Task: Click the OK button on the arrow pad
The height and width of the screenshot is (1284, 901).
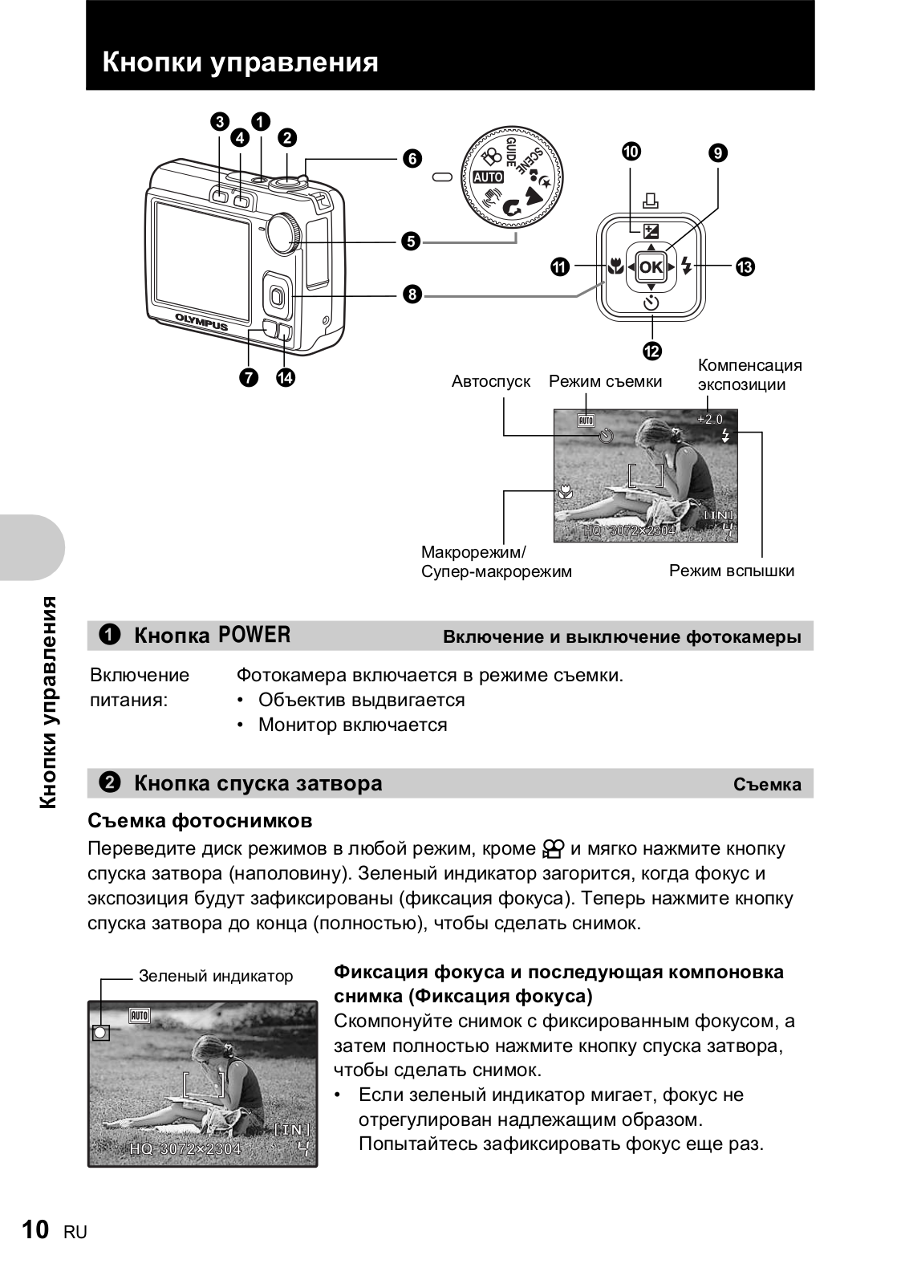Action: point(651,267)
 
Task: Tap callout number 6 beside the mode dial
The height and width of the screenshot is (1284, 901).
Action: point(412,158)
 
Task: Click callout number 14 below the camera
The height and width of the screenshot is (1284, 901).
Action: point(285,376)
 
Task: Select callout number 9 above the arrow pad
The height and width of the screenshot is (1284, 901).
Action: point(717,152)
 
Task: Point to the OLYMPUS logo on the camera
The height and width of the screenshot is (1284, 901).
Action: point(201,321)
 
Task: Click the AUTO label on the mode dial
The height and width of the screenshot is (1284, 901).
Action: point(488,177)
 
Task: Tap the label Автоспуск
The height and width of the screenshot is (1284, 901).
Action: point(490,381)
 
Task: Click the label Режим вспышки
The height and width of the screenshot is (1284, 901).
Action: point(731,571)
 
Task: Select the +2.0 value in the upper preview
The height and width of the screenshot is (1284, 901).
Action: point(709,419)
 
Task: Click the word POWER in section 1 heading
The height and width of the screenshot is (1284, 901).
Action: point(254,636)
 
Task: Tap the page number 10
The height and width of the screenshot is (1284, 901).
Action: point(36,1229)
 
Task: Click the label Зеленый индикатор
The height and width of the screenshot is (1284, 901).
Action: point(216,976)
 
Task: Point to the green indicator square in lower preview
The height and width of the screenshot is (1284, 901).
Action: point(100,1033)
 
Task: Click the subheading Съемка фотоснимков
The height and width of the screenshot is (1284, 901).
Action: point(200,821)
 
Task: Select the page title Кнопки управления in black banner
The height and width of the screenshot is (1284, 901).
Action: point(240,62)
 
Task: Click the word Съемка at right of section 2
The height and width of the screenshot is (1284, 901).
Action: point(766,784)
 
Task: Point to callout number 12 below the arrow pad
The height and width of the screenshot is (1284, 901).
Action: point(651,351)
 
